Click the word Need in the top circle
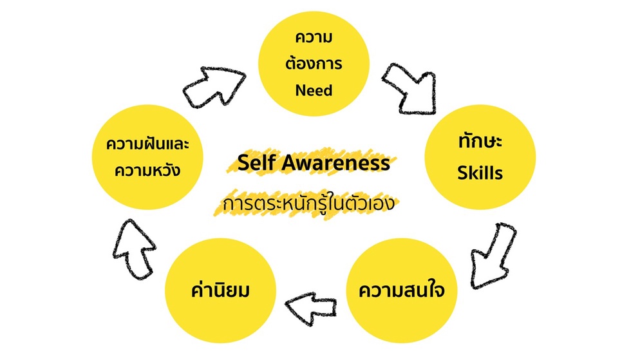click(x=314, y=90)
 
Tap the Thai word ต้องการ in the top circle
click(x=314, y=63)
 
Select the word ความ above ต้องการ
click(x=314, y=37)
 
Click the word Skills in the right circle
click(x=480, y=173)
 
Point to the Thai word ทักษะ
click(x=480, y=142)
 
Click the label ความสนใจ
click(x=402, y=290)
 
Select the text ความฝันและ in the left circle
click(x=147, y=144)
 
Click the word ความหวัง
click(x=147, y=170)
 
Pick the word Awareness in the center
click(x=335, y=162)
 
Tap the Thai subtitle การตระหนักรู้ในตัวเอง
click(x=308, y=204)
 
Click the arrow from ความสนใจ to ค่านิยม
click(x=311, y=308)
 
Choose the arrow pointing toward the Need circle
click(x=214, y=87)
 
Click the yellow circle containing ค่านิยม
click(x=220, y=290)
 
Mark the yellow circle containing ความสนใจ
click(x=402, y=290)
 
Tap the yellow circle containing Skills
click(x=480, y=157)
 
